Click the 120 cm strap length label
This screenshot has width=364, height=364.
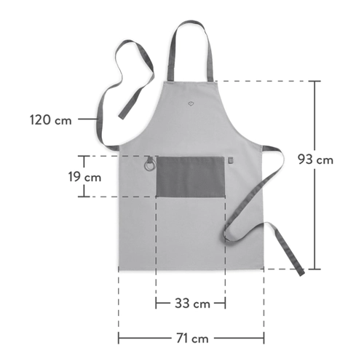51,120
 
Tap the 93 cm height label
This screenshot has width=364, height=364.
315,159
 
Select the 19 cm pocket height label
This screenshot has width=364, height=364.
84,177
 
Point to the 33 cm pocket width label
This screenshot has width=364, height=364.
192,304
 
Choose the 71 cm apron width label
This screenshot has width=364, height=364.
192,338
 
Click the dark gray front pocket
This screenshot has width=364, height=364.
190,177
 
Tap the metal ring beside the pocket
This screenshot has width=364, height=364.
149,165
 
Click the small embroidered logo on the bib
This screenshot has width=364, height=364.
191,103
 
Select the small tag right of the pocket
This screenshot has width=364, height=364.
231,160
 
